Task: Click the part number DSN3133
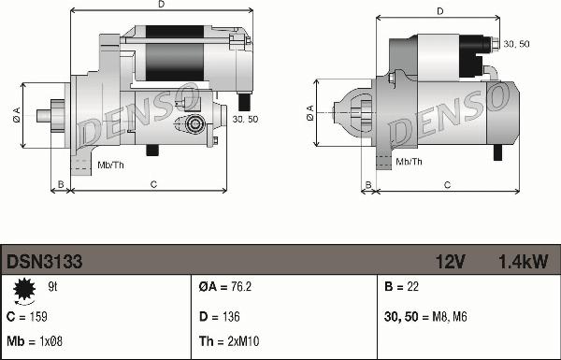[44, 262]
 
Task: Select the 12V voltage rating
[450, 262]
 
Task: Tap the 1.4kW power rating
[524, 262]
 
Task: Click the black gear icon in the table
[24, 289]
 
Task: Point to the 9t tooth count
[52, 287]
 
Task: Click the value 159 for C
[37, 317]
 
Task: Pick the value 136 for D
[231, 317]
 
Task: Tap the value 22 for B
[411, 287]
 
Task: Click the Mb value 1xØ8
[50, 341]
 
